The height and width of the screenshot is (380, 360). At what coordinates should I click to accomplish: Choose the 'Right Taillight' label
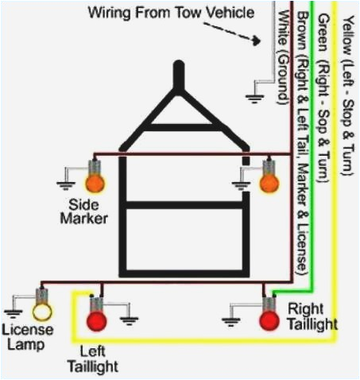pyautogui.click(x=312, y=316)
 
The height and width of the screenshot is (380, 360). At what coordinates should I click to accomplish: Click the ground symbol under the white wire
pyautogui.click(x=255, y=98)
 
